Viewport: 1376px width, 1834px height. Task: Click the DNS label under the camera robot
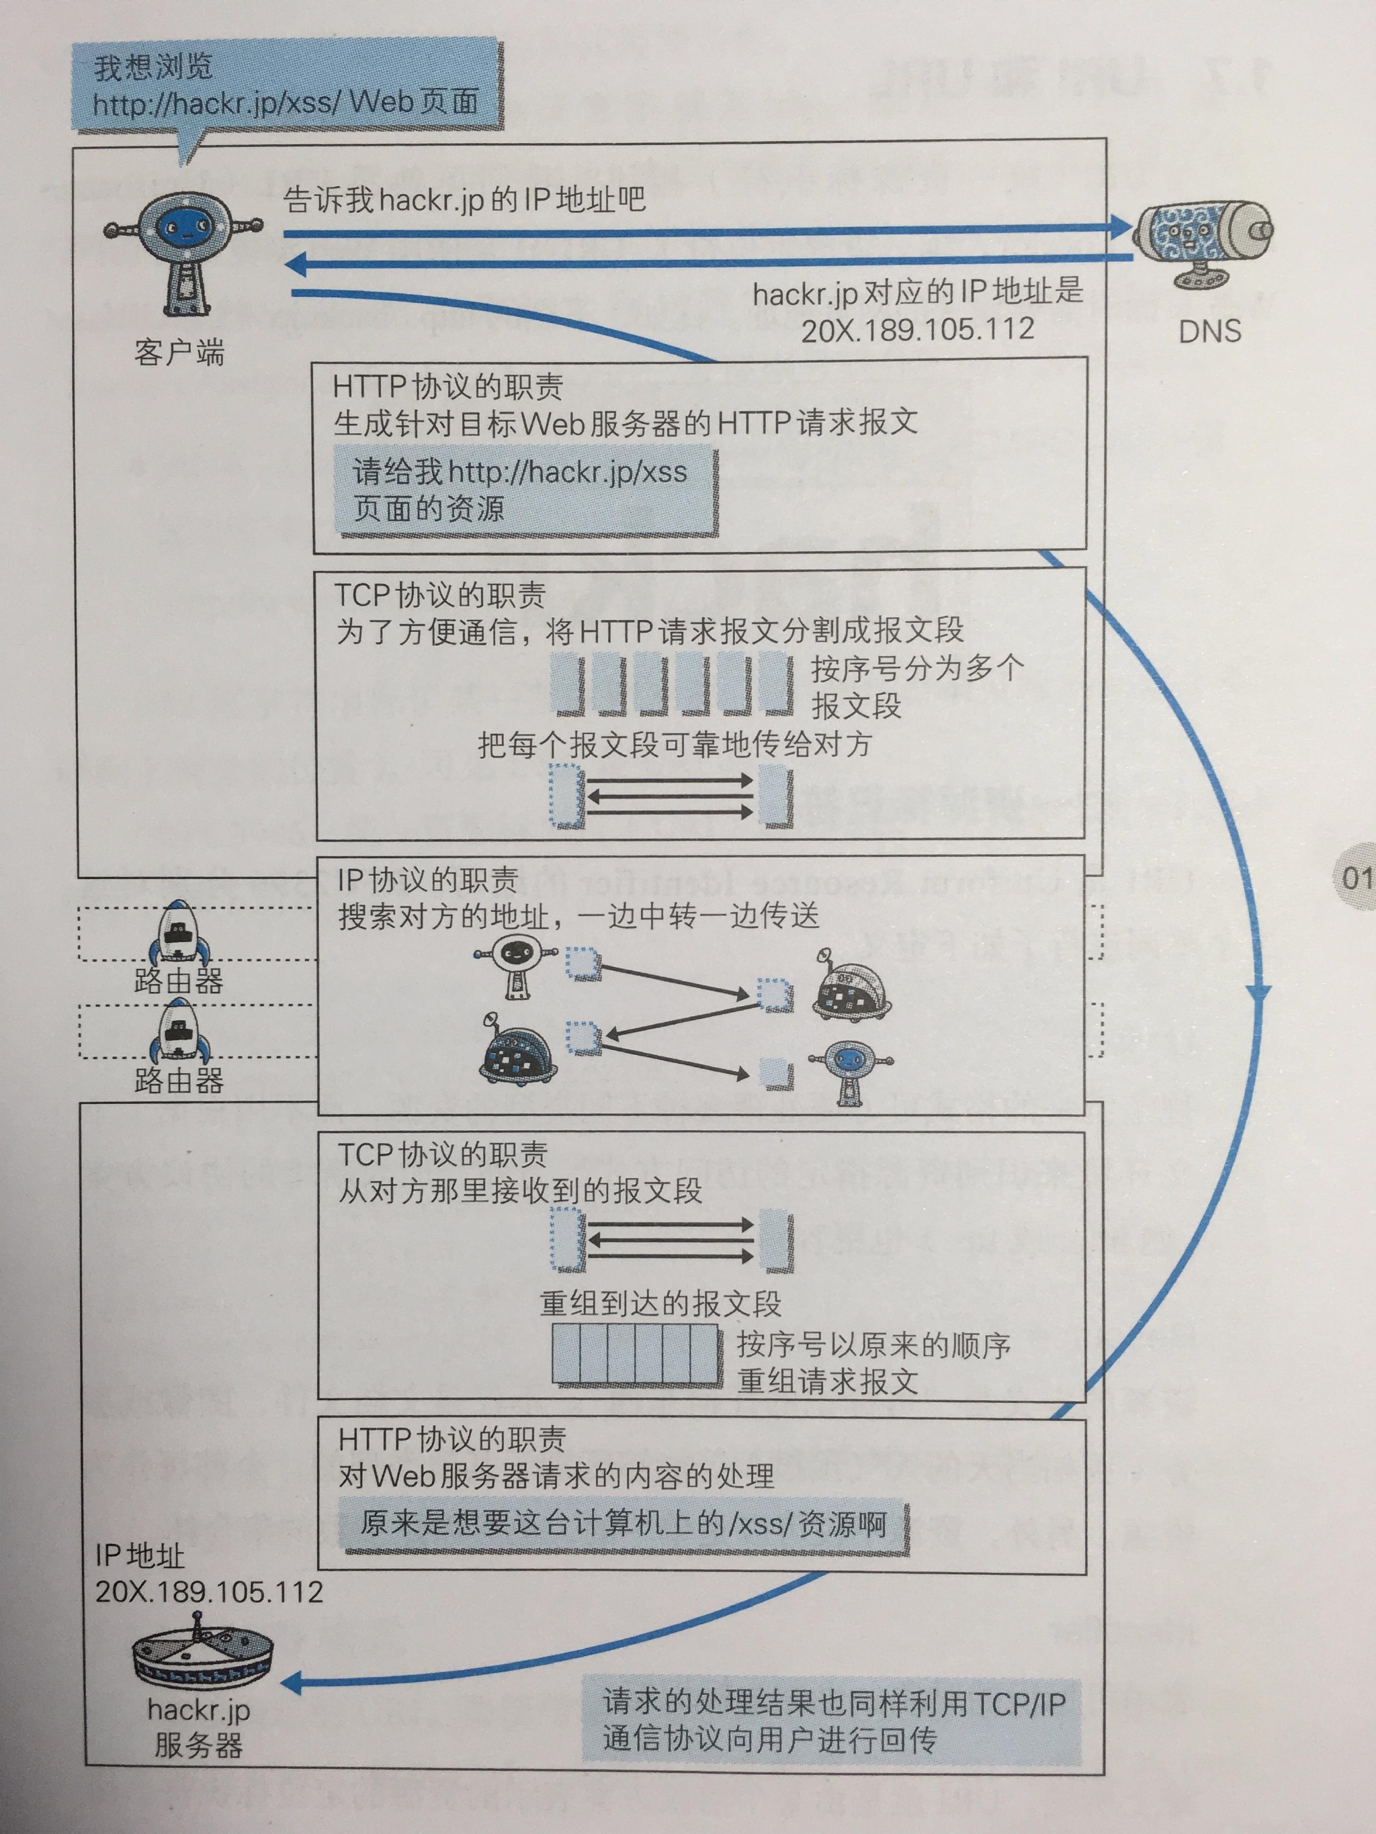1209,332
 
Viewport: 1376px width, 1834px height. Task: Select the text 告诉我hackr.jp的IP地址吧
464,201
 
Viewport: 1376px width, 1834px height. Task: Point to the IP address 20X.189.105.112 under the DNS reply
917,329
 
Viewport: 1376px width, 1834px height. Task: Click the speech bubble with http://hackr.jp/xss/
286,87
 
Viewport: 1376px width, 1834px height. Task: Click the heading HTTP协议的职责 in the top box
448,386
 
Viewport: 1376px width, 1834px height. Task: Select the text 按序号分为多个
917,668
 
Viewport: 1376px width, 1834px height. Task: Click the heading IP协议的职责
427,880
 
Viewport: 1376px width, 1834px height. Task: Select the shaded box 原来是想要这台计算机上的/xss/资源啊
622,1524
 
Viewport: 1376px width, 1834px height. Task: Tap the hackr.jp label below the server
199,1710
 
